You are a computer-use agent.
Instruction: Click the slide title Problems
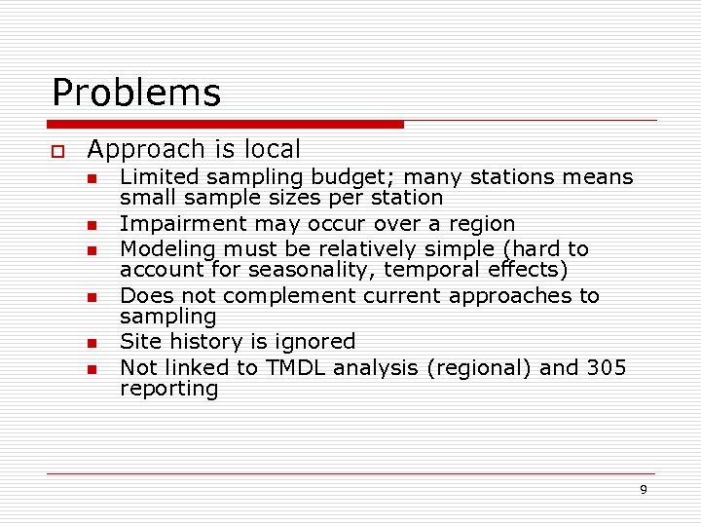coord(136,94)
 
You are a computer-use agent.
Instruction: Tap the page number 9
coord(643,490)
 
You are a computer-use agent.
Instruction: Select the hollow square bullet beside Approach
coord(58,151)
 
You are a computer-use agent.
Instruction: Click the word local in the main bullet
coord(272,150)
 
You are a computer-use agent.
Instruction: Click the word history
coord(201,342)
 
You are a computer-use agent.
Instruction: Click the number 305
coord(607,367)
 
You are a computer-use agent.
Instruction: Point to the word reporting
coord(169,389)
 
